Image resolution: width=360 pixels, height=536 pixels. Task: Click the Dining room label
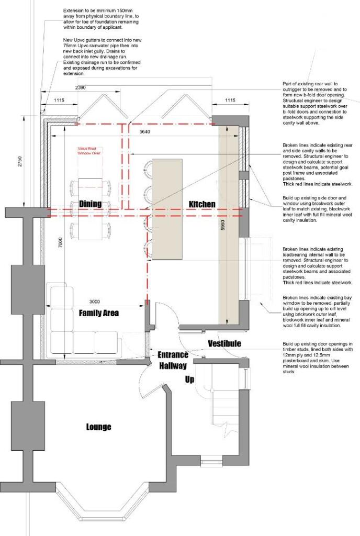pyautogui.click(x=90, y=204)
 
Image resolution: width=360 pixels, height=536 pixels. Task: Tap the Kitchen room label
pyautogui.click(x=201, y=204)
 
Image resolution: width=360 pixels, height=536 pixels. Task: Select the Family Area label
pyautogui.click(x=99, y=314)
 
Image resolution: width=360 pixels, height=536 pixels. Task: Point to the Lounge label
pyautogui.click(x=98, y=427)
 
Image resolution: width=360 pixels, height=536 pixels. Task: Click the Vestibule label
pyautogui.click(x=224, y=344)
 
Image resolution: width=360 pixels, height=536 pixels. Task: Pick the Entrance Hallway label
pyautogui.click(x=173, y=360)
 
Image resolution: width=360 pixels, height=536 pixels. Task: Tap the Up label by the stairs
pyautogui.click(x=189, y=379)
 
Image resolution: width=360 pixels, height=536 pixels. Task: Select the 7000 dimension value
pyautogui.click(x=61, y=242)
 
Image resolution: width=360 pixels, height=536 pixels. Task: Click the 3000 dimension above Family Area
pyautogui.click(x=94, y=302)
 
